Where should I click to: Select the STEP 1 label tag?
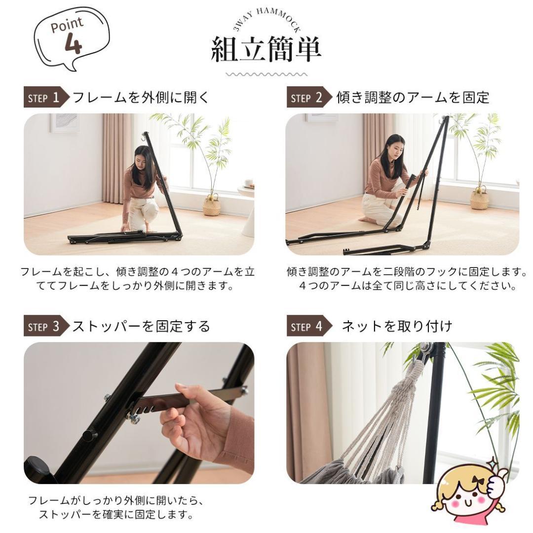point(44,98)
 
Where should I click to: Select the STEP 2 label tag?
point(306,98)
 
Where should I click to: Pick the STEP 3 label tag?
point(44,327)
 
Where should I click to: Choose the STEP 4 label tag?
point(306,327)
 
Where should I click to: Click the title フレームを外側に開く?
point(141,98)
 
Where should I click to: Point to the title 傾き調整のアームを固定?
point(413,98)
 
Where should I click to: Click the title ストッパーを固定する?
point(141,327)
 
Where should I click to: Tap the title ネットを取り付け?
point(397,327)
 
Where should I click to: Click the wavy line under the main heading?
point(266,75)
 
